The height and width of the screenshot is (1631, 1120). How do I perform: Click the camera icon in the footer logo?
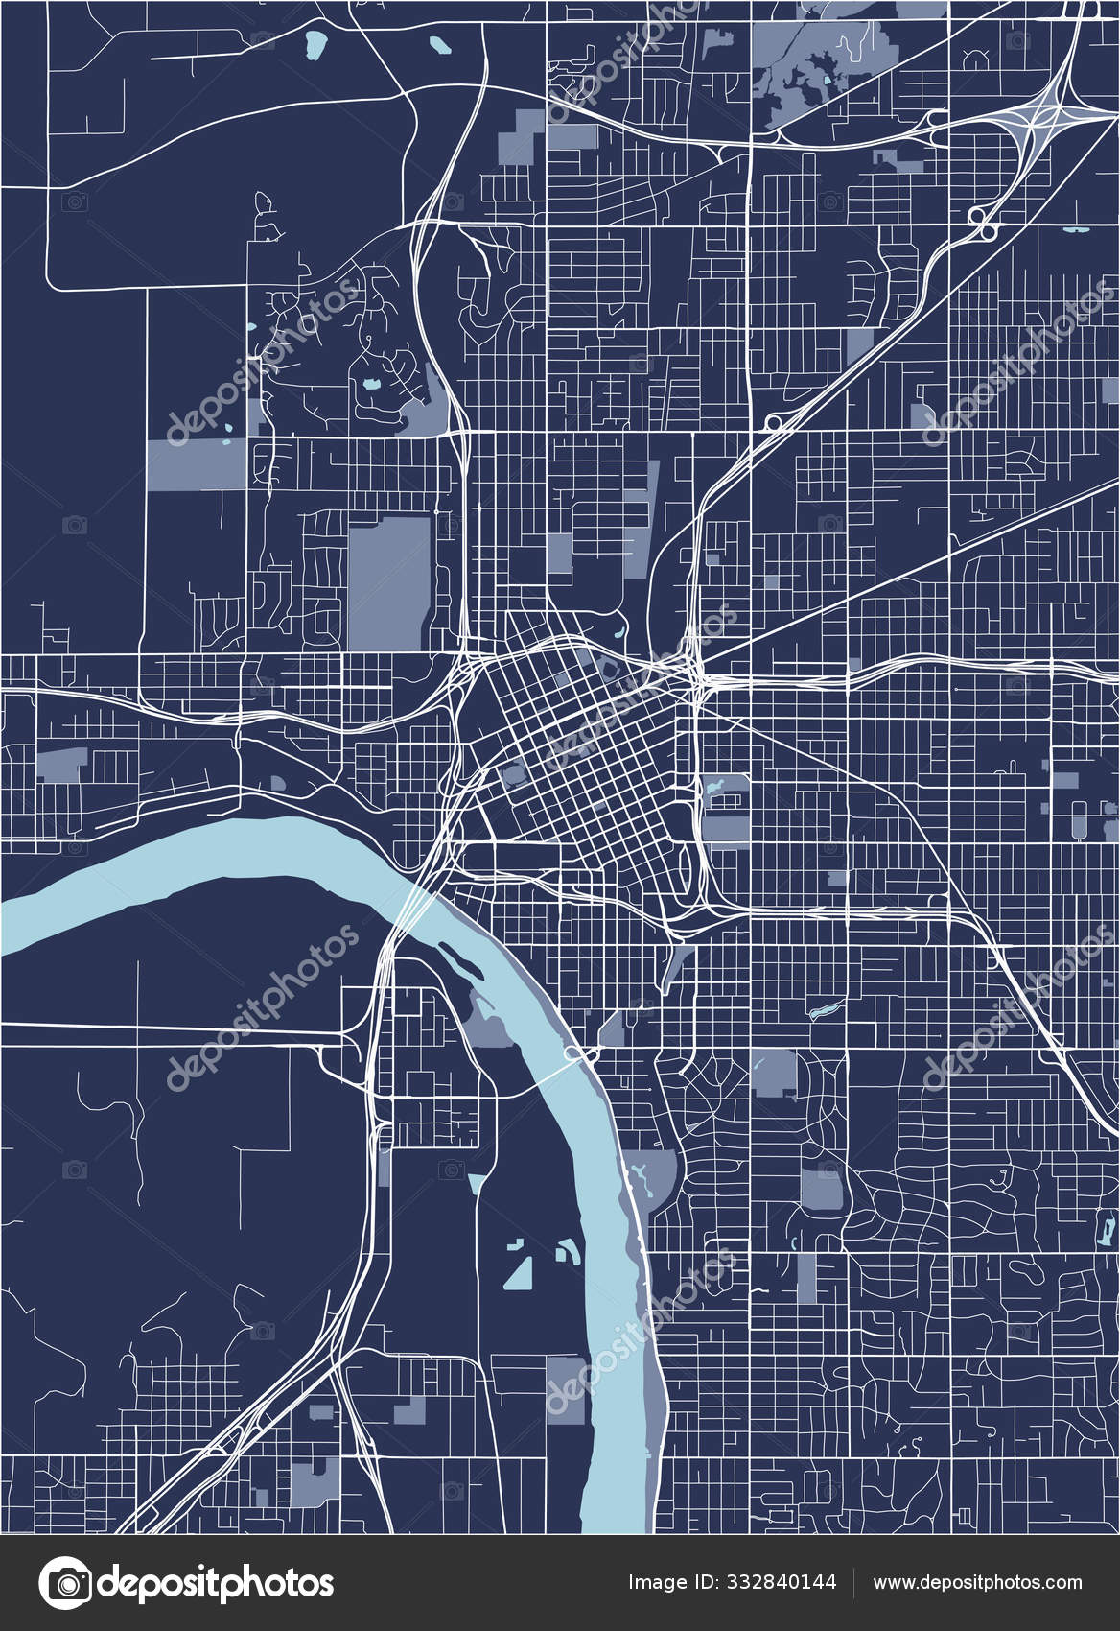[64, 1582]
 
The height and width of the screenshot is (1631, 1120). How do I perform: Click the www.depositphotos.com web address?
[977, 1582]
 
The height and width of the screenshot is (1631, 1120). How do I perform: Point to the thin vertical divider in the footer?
[854, 1582]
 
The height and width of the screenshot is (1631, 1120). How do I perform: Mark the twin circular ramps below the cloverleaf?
[981, 223]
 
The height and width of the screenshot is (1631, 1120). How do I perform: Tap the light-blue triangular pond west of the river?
[520, 1272]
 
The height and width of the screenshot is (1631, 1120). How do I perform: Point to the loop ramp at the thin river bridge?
[574, 1055]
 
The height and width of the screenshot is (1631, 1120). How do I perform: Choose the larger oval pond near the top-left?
[314, 44]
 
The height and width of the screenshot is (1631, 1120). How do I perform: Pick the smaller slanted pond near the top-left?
[439, 45]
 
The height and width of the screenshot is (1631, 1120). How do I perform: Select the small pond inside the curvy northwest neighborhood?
[370, 386]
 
